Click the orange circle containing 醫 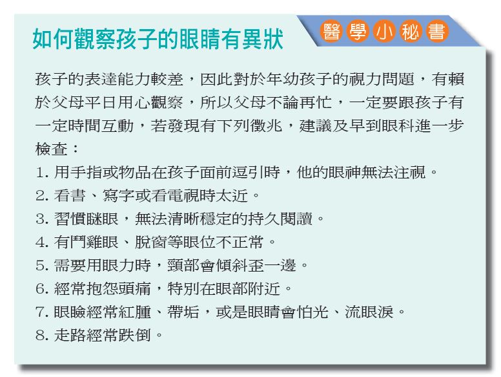(332, 31)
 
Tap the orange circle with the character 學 (358, 31)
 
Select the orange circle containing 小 (384, 31)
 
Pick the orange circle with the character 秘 (411, 31)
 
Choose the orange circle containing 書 (437, 31)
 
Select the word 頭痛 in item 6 (134, 288)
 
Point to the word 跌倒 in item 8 (134, 335)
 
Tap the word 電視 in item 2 (183, 195)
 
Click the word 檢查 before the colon (52, 149)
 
